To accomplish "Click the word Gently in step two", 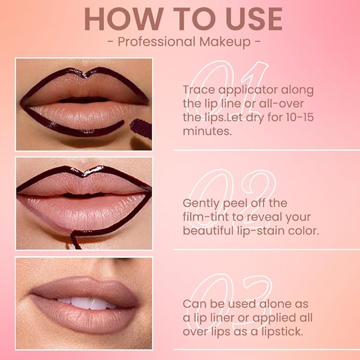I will [x=202, y=203].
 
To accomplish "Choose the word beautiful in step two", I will [x=209, y=231].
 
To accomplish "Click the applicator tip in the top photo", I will [x=141, y=128].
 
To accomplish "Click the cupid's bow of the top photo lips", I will [x=85, y=76].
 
